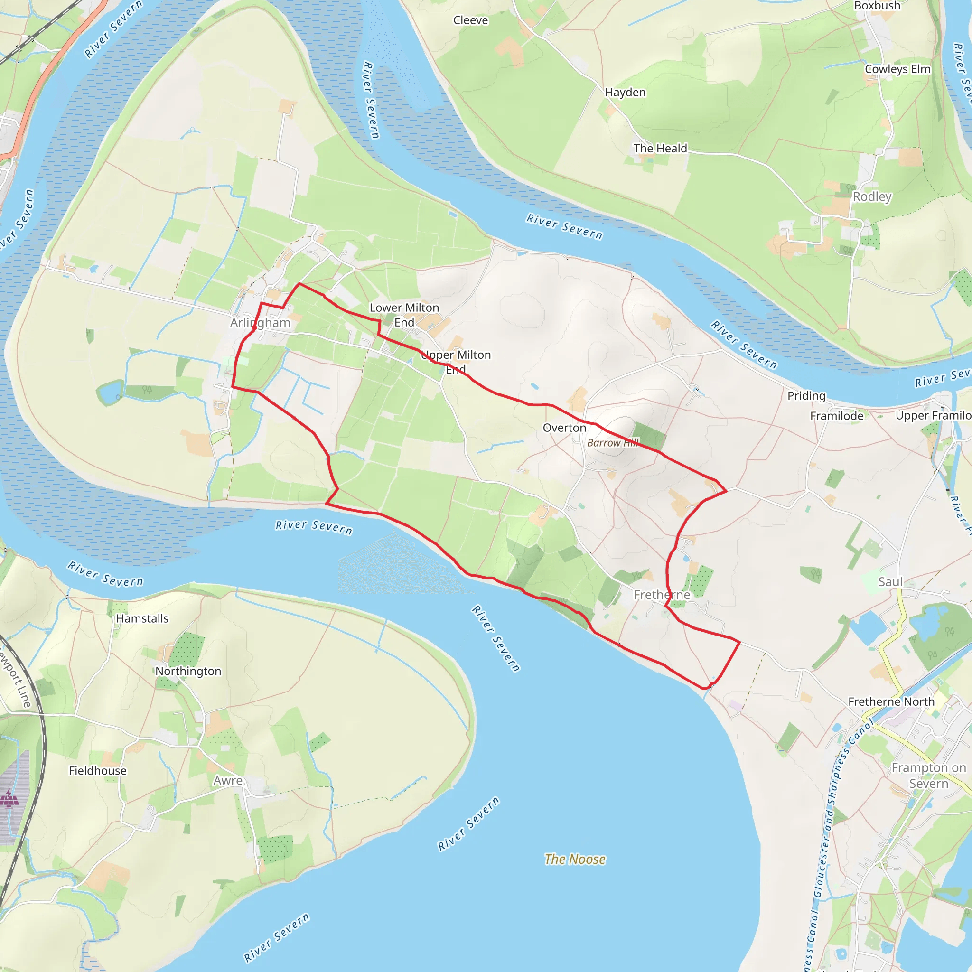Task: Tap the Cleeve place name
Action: (470, 20)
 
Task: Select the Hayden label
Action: (625, 93)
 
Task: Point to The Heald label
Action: (660, 149)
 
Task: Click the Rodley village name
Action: (872, 196)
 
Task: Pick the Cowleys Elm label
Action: (897, 69)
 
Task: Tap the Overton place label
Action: (564, 428)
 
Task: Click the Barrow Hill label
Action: (613, 443)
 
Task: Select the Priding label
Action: (806, 396)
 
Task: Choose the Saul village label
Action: (890, 582)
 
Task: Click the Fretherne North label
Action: (891, 701)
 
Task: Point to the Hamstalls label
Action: (142, 618)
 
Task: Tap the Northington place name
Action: (188, 671)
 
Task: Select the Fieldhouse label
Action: (98, 771)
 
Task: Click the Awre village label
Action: (228, 780)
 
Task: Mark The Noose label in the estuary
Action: (575, 860)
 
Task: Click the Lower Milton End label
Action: (404, 315)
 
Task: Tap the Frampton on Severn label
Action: (928, 776)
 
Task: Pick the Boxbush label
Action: (877, 6)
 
